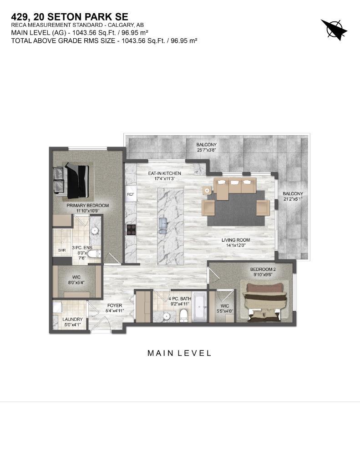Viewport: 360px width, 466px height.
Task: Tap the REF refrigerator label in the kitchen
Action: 131,194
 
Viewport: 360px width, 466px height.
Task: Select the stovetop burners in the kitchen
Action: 131,229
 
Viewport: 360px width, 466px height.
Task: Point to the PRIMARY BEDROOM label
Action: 88,206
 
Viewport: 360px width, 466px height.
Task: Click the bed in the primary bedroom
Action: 76,181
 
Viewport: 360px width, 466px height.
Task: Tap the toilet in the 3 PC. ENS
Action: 93,254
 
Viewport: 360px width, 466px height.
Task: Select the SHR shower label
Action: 62,250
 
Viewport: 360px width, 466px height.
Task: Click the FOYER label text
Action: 115,305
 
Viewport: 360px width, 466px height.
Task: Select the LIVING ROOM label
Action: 236,240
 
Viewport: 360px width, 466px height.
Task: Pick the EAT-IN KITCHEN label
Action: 165,173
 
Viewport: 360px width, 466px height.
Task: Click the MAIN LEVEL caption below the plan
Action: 179,353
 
